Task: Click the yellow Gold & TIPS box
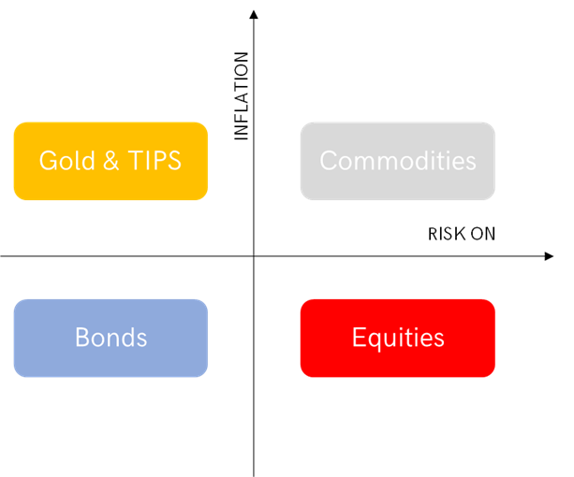tap(110, 161)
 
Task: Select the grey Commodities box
tap(398, 161)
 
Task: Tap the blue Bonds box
tap(110, 338)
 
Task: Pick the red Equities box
tap(398, 338)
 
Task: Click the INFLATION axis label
tap(242, 95)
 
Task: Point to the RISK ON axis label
tap(462, 234)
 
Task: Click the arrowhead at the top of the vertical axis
tap(254, 14)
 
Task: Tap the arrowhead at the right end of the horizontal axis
tap(549, 256)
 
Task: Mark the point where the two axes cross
tap(254, 256)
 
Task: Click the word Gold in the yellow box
tap(67, 161)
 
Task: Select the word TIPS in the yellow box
tap(155, 161)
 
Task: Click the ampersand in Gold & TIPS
tap(110, 161)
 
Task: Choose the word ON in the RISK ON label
tap(483, 234)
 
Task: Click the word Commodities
tap(398, 161)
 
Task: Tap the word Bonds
tap(110, 337)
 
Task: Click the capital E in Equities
tap(359, 337)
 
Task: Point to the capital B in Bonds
tap(82, 337)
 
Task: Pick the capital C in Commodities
tap(329, 161)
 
